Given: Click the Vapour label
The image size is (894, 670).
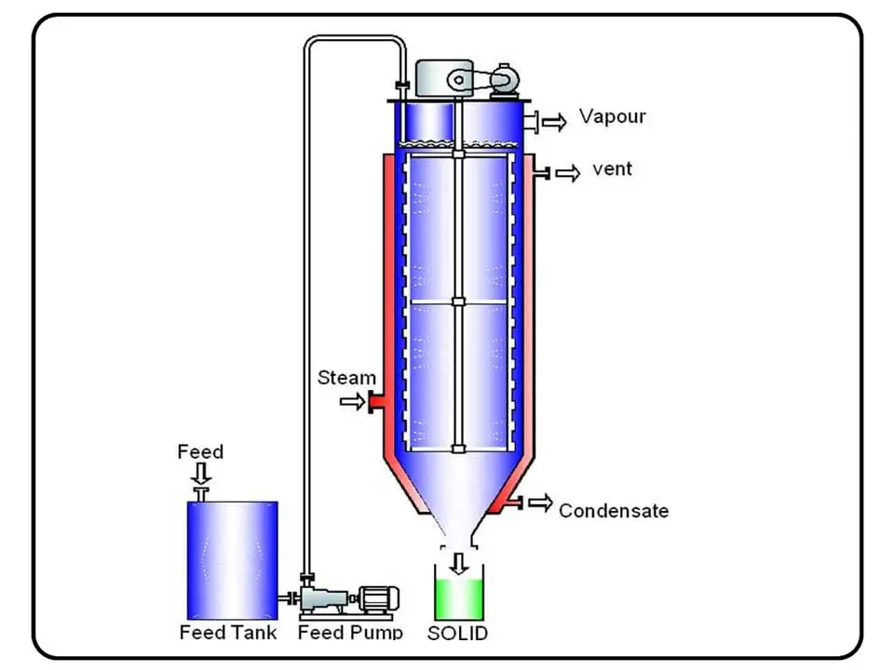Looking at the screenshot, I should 612,117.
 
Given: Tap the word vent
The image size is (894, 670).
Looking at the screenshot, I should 612,170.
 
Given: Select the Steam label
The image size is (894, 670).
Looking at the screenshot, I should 346,378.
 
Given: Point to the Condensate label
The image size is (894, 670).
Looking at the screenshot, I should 613,510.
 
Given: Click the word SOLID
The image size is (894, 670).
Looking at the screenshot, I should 457,634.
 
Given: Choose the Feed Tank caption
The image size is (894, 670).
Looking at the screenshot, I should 228,633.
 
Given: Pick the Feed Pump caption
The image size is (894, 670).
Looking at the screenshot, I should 350,633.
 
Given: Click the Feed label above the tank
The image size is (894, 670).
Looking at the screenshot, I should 200,452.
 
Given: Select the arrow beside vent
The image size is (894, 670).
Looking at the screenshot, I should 567,172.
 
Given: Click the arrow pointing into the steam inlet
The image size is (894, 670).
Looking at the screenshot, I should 351,402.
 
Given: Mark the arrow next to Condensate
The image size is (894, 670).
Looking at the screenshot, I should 539,503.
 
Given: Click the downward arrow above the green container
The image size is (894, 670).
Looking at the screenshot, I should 457,562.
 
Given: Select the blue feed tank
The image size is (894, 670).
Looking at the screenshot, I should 232,558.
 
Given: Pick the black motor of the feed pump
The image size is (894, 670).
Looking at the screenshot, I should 380,598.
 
